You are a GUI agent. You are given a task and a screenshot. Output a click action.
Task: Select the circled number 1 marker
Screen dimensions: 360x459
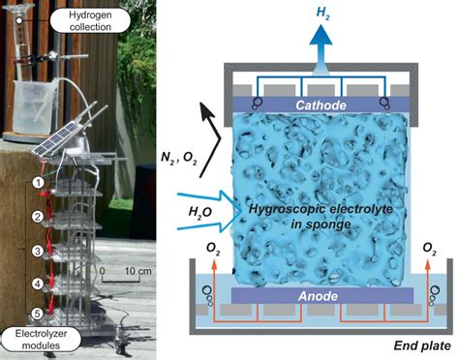point(37,181)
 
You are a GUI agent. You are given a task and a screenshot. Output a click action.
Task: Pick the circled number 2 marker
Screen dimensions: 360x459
point(37,216)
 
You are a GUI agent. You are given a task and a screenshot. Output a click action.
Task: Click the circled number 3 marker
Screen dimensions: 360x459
point(37,251)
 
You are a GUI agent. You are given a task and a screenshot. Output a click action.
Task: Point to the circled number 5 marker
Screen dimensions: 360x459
point(37,313)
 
